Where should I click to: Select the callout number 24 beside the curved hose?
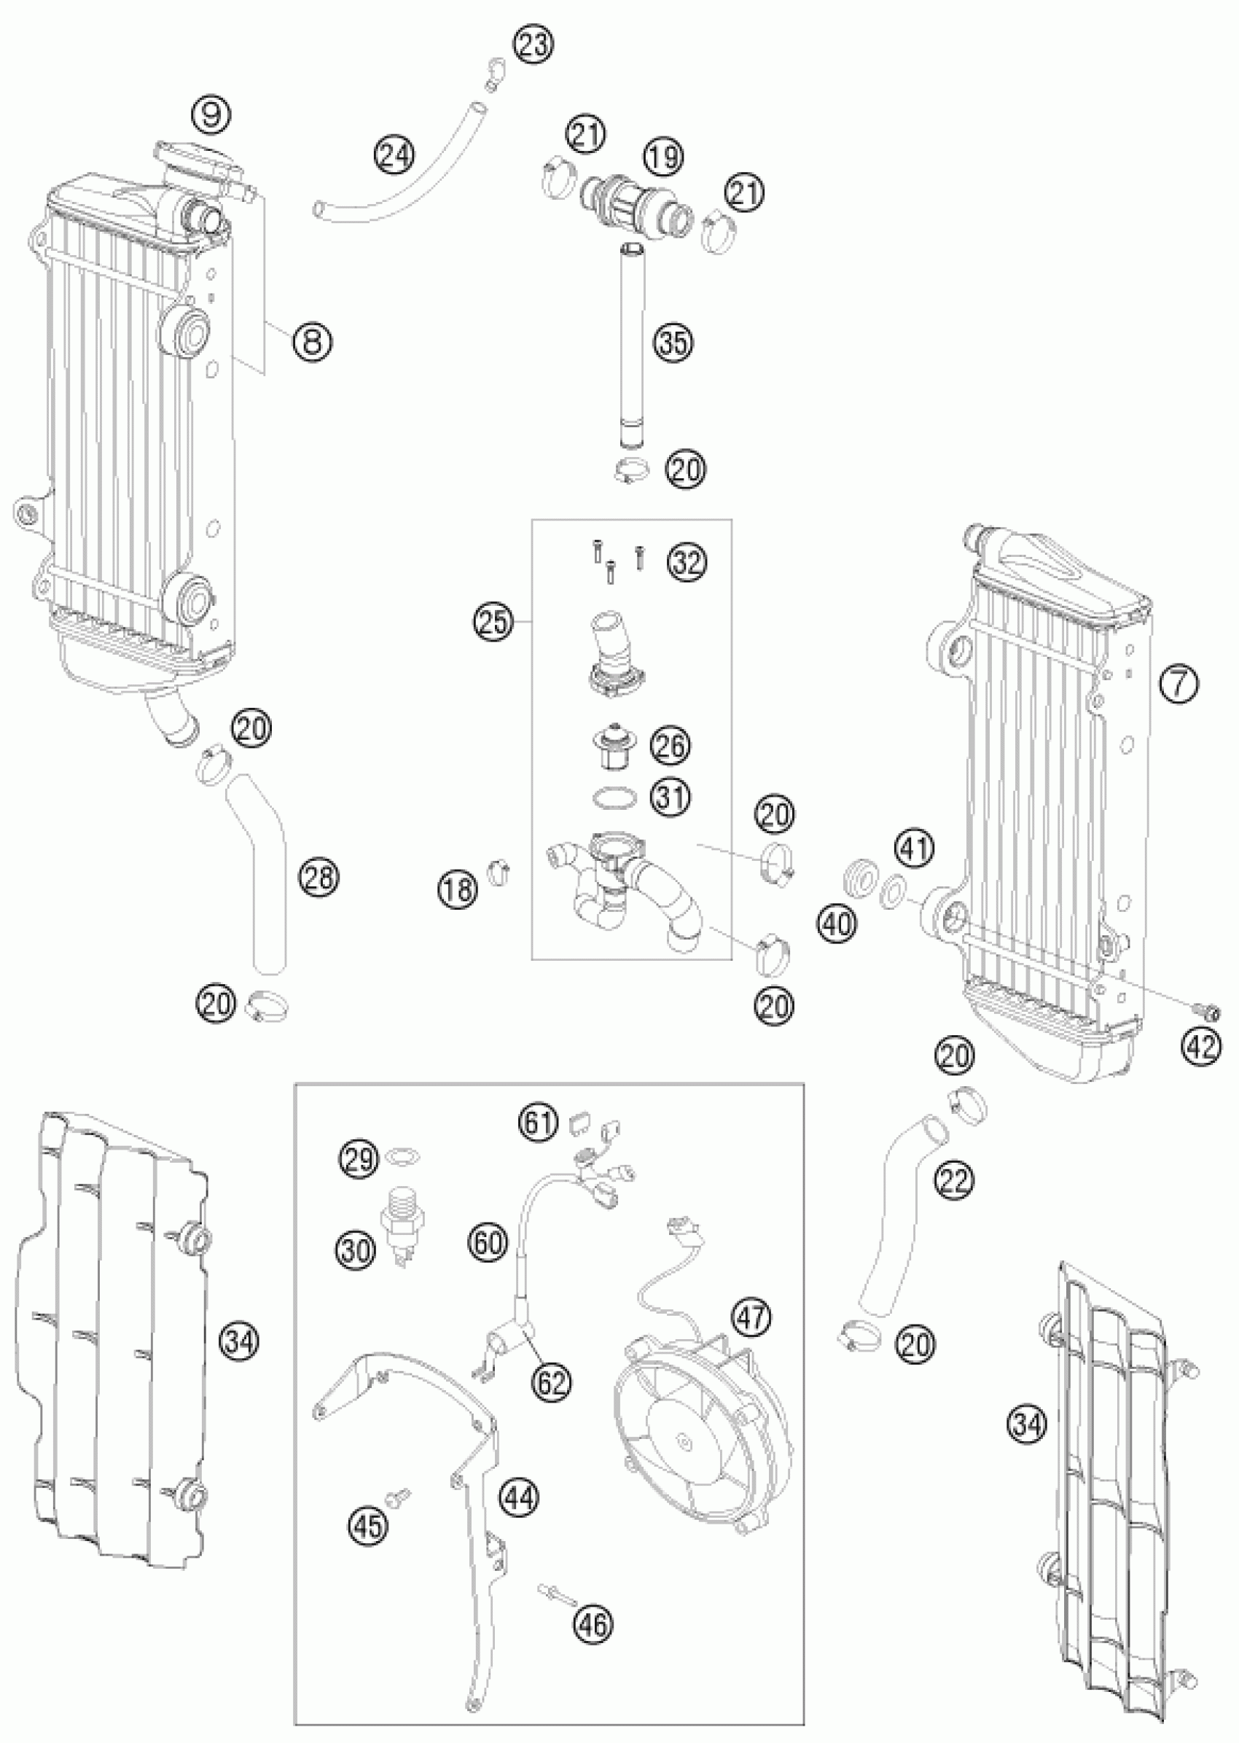(395, 156)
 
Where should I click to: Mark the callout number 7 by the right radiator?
(1179, 685)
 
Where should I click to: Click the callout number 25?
(493, 620)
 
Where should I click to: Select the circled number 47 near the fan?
(751, 1317)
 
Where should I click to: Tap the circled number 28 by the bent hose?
(319, 878)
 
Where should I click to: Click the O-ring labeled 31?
(612, 798)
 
